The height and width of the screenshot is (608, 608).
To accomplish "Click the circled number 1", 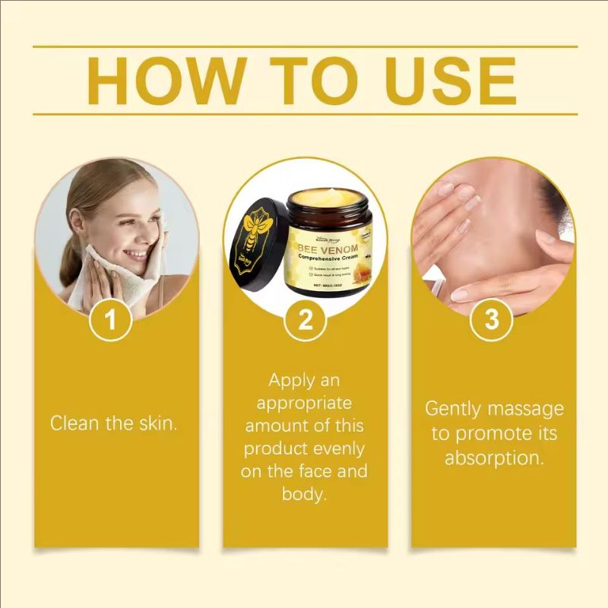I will tap(112, 320).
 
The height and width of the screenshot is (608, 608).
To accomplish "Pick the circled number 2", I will tap(305, 320).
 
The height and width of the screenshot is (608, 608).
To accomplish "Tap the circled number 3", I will tap(492, 320).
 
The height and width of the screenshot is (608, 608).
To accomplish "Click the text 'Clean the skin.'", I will tap(114, 423).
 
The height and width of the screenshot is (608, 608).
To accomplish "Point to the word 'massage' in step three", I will tap(527, 409).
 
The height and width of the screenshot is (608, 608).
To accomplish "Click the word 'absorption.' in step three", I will tap(494, 458).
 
